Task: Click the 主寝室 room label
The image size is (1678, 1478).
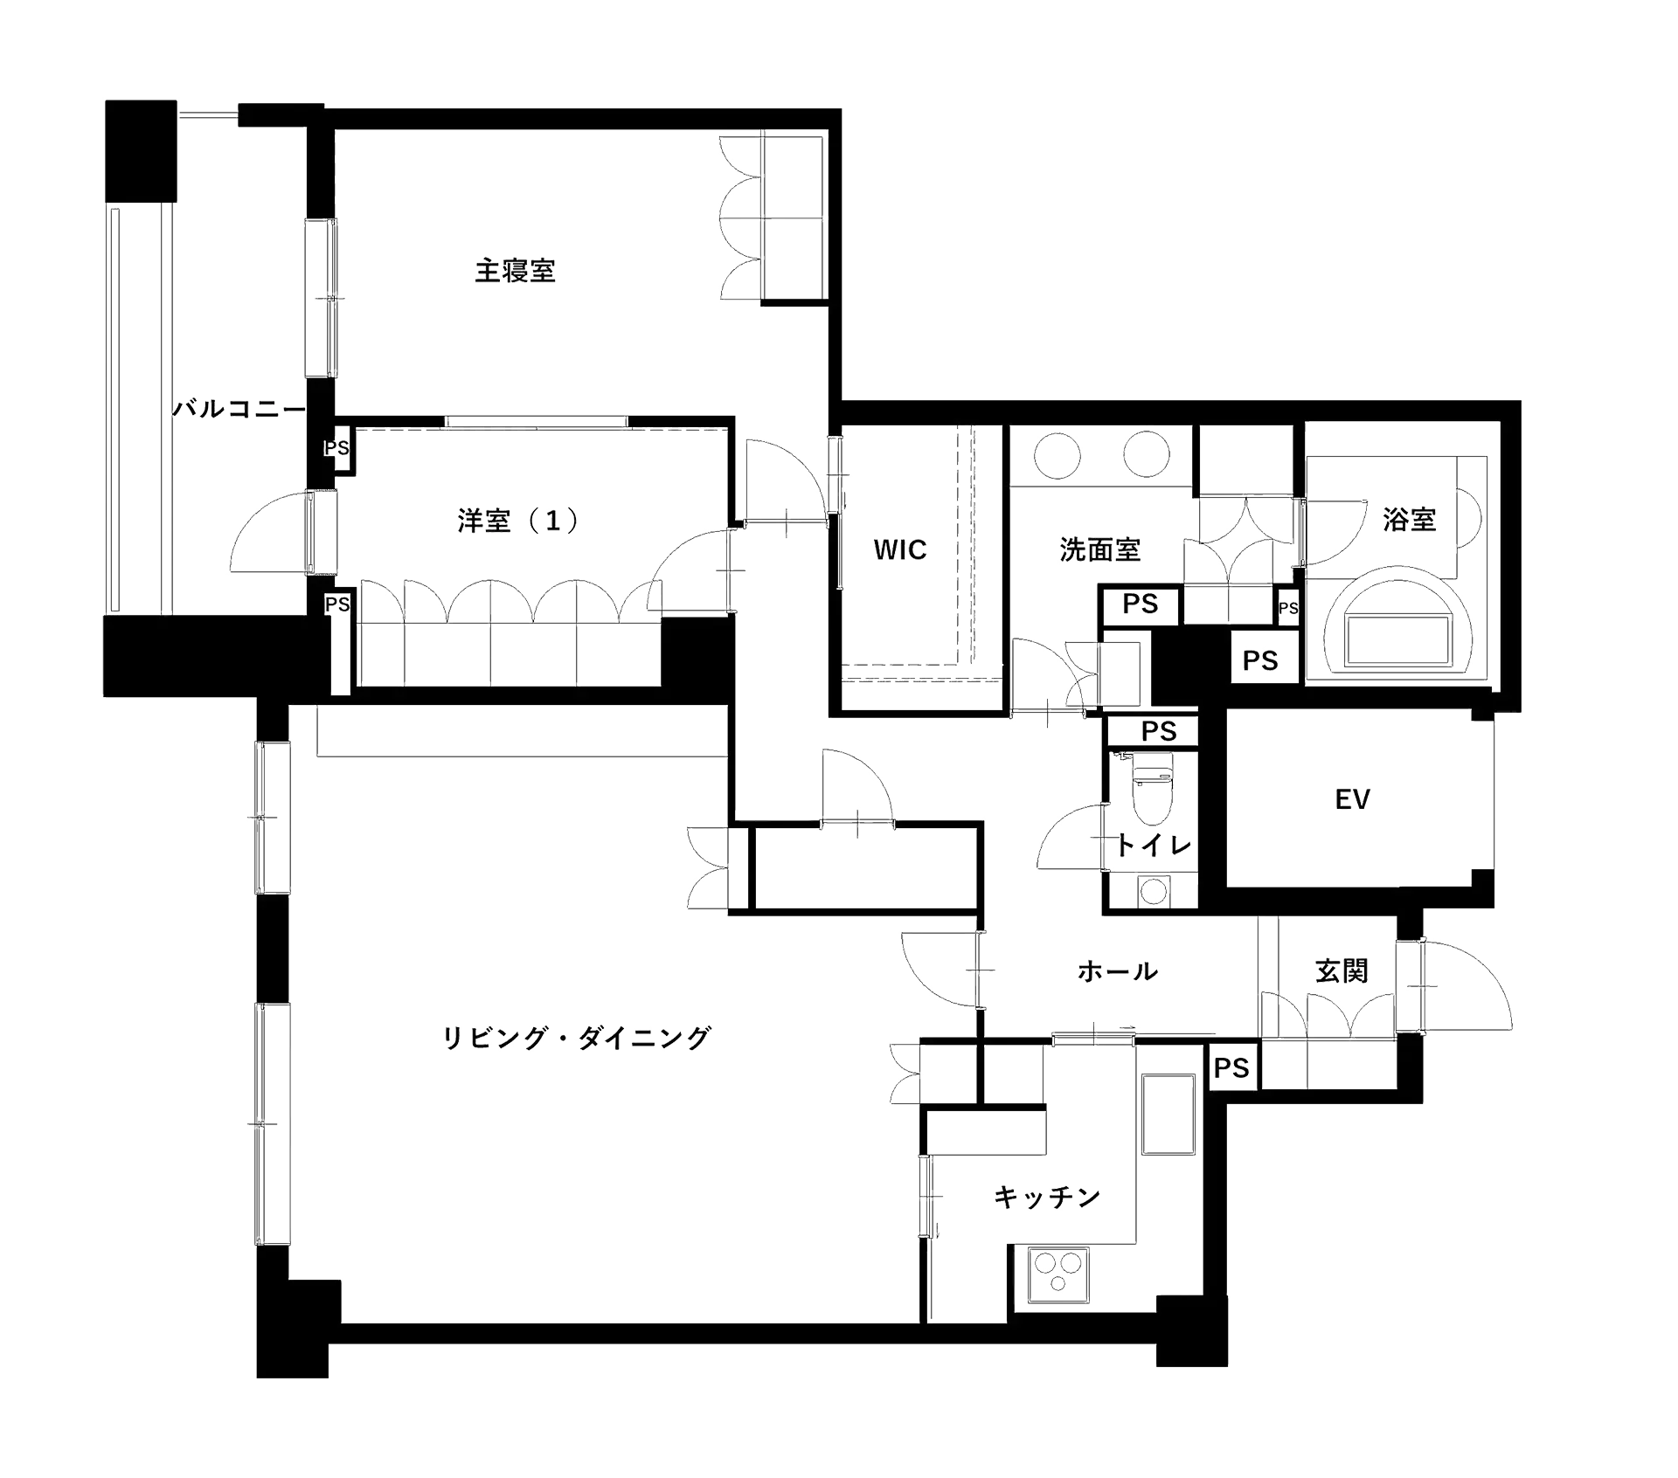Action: pos(515,270)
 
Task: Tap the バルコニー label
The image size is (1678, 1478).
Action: pos(238,410)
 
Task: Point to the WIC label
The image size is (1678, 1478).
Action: pos(899,550)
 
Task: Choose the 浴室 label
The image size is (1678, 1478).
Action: pos(1410,519)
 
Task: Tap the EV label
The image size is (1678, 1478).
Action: pos(1353,798)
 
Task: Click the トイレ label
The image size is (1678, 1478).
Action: pos(1152,845)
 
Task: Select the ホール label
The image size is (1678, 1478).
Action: pos(1118,970)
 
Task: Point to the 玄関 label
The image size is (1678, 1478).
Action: pos(1342,970)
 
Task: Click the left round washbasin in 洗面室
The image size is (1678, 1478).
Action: pos(1057,454)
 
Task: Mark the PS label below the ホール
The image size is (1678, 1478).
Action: pos(1231,1067)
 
